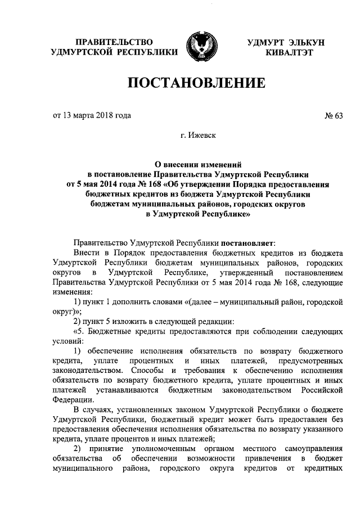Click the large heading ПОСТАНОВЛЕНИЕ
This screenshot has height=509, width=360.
pos(196,84)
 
